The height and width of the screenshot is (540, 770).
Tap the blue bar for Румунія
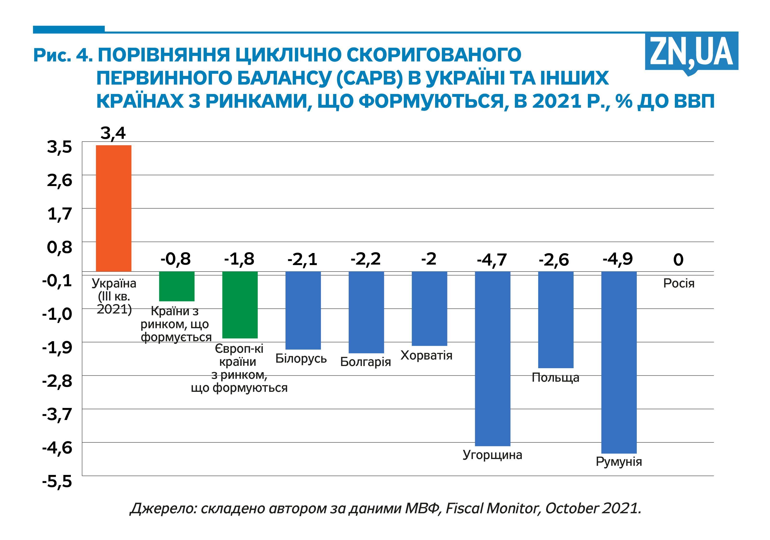619,362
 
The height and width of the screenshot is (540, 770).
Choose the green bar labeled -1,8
240,305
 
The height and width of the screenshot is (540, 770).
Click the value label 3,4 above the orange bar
113,133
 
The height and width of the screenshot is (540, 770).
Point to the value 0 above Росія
678,260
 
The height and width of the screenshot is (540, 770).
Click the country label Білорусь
301,359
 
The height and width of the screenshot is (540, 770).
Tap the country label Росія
678,283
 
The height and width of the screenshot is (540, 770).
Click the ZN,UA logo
691,52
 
